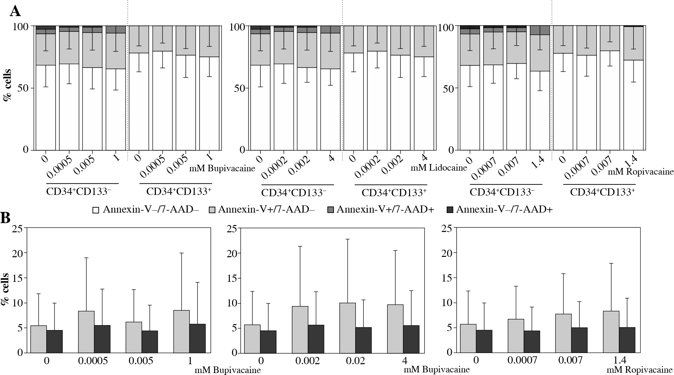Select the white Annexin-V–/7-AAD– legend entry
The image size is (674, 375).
point(146,209)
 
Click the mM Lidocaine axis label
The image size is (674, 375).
point(439,168)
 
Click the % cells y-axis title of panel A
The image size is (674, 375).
point(7,84)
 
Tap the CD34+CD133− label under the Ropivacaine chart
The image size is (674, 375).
point(506,192)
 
